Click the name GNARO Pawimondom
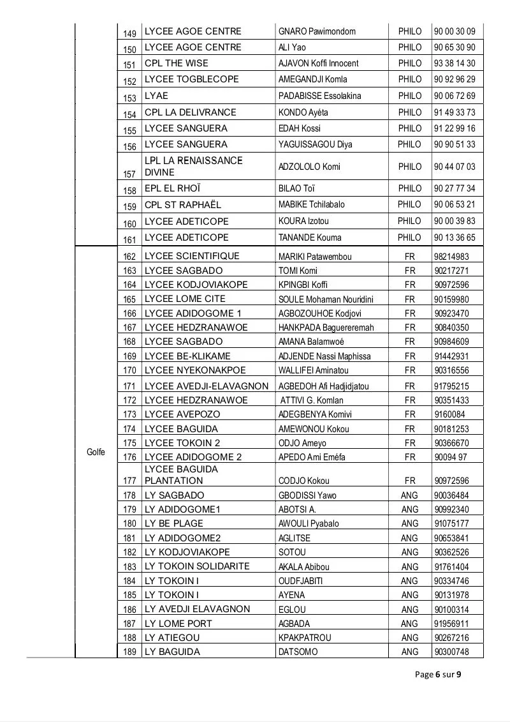(x=317, y=31)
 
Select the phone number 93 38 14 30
(x=454, y=63)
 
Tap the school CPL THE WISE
(x=177, y=63)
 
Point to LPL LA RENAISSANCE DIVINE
(x=194, y=167)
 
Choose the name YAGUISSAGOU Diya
(x=315, y=144)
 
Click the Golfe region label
(x=96, y=452)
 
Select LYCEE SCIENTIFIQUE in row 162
(x=192, y=256)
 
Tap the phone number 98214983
(x=451, y=257)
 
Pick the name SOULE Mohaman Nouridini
(x=326, y=299)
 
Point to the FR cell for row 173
(x=409, y=414)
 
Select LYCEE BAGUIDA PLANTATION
(x=181, y=475)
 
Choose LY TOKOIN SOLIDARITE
(x=197, y=566)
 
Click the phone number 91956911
(x=451, y=624)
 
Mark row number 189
(x=129, y=652)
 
